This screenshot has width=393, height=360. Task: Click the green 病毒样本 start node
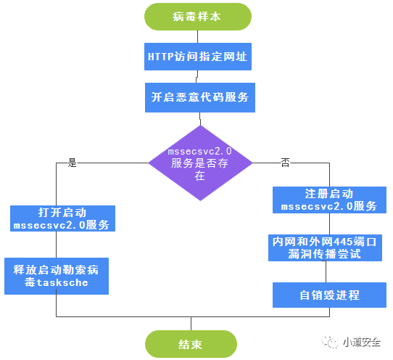198,17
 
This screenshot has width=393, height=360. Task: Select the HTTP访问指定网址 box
198,57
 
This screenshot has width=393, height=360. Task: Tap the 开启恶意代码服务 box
200,97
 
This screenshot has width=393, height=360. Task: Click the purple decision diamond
200,163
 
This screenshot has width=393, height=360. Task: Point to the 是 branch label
73,163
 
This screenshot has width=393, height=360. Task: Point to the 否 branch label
285,163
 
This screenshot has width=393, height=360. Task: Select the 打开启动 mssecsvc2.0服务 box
62,218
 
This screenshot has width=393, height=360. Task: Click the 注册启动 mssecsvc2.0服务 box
329,200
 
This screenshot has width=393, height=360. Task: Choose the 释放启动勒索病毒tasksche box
57,276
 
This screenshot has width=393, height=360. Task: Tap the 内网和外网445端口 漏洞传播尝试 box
325,247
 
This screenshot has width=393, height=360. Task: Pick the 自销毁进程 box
329,295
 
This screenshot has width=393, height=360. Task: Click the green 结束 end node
191,344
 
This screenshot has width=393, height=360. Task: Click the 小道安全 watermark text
362,342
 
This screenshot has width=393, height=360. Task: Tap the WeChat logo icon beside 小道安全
330,342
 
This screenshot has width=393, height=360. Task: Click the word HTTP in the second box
161,57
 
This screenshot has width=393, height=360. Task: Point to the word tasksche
62,283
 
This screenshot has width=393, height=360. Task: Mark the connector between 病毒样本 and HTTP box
198,36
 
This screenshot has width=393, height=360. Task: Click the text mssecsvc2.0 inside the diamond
199,152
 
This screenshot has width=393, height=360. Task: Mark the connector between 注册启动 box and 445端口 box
329,224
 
